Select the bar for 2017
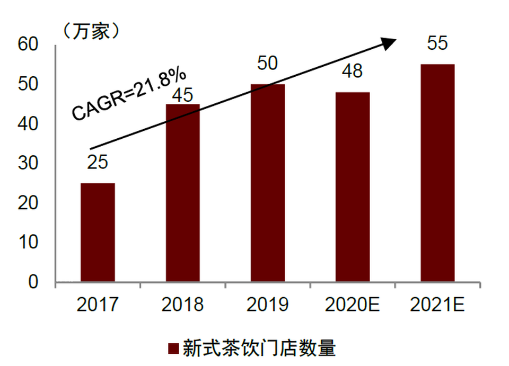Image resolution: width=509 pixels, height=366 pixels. click(98, 232)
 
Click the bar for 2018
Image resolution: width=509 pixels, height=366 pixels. click(182, 193)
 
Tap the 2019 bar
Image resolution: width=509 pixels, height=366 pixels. click(268, 183)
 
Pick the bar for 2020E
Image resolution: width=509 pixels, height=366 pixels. click(353, 186)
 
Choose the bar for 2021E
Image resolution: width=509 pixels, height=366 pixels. click(437, 173)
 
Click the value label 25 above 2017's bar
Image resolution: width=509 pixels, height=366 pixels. click(98, 162)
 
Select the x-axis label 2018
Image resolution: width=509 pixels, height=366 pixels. click(182, 305)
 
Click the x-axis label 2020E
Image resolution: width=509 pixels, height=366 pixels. click(353, 305)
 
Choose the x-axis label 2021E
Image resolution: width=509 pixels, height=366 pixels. click(437, 305)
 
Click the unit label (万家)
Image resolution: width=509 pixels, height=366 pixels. click(90, 31)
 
